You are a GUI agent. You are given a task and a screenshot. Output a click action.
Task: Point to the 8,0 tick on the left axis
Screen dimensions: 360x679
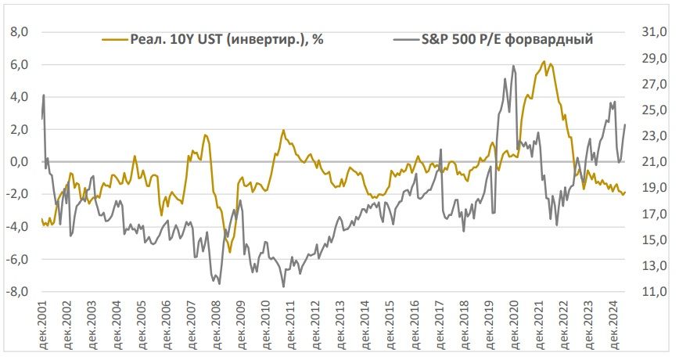[17, 32]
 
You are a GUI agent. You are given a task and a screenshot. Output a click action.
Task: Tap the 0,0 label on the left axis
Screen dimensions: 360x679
[17, 162]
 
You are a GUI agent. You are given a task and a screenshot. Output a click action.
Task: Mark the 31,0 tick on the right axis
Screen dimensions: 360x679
[654, 32]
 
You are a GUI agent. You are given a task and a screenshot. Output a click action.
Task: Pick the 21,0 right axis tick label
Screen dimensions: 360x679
[654, 162]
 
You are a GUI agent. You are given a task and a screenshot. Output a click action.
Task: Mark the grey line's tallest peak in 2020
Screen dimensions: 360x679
[513, 66]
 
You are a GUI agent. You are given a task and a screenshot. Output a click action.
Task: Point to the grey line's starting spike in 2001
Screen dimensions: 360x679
[44, 95]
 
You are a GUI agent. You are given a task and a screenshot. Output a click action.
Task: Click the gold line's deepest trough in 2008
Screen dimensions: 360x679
[230, 251]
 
